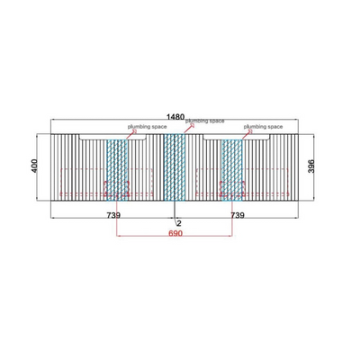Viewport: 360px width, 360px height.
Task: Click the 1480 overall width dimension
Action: [x=175, y=117]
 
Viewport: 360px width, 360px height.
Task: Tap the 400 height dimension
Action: [x=34, y=166]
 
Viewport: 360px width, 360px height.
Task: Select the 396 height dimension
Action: [x=311, y=166]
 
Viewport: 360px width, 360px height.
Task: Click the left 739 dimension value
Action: [x=113, y=215]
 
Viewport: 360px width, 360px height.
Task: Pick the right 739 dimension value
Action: [x=238, y=215]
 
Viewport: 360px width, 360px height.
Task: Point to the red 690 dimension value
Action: [x=175, y=233]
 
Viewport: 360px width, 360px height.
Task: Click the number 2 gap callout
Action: [x=179, y=223]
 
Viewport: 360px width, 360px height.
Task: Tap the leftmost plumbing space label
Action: [x=147, y=127]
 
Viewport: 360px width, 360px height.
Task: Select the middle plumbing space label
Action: [x=204, y=121]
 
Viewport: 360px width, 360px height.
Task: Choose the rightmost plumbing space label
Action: [x=263, y=127]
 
